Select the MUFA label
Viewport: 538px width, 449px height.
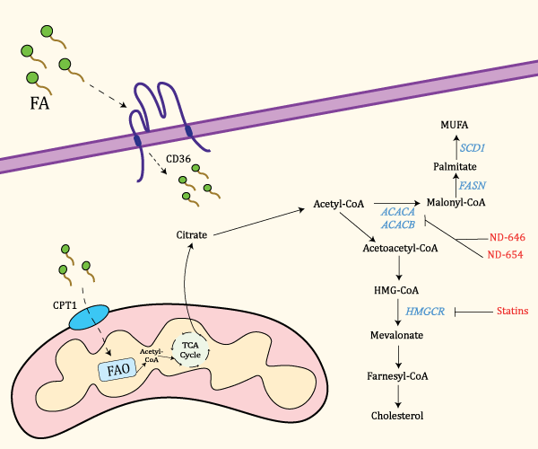455,123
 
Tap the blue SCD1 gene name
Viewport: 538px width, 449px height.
473,145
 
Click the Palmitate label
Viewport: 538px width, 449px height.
454,167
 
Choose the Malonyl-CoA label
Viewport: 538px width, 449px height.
456,203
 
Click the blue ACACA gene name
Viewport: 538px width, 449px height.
398,212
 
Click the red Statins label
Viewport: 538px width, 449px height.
511,312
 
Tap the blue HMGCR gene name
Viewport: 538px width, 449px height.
427,312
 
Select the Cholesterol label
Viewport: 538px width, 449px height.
397,416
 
